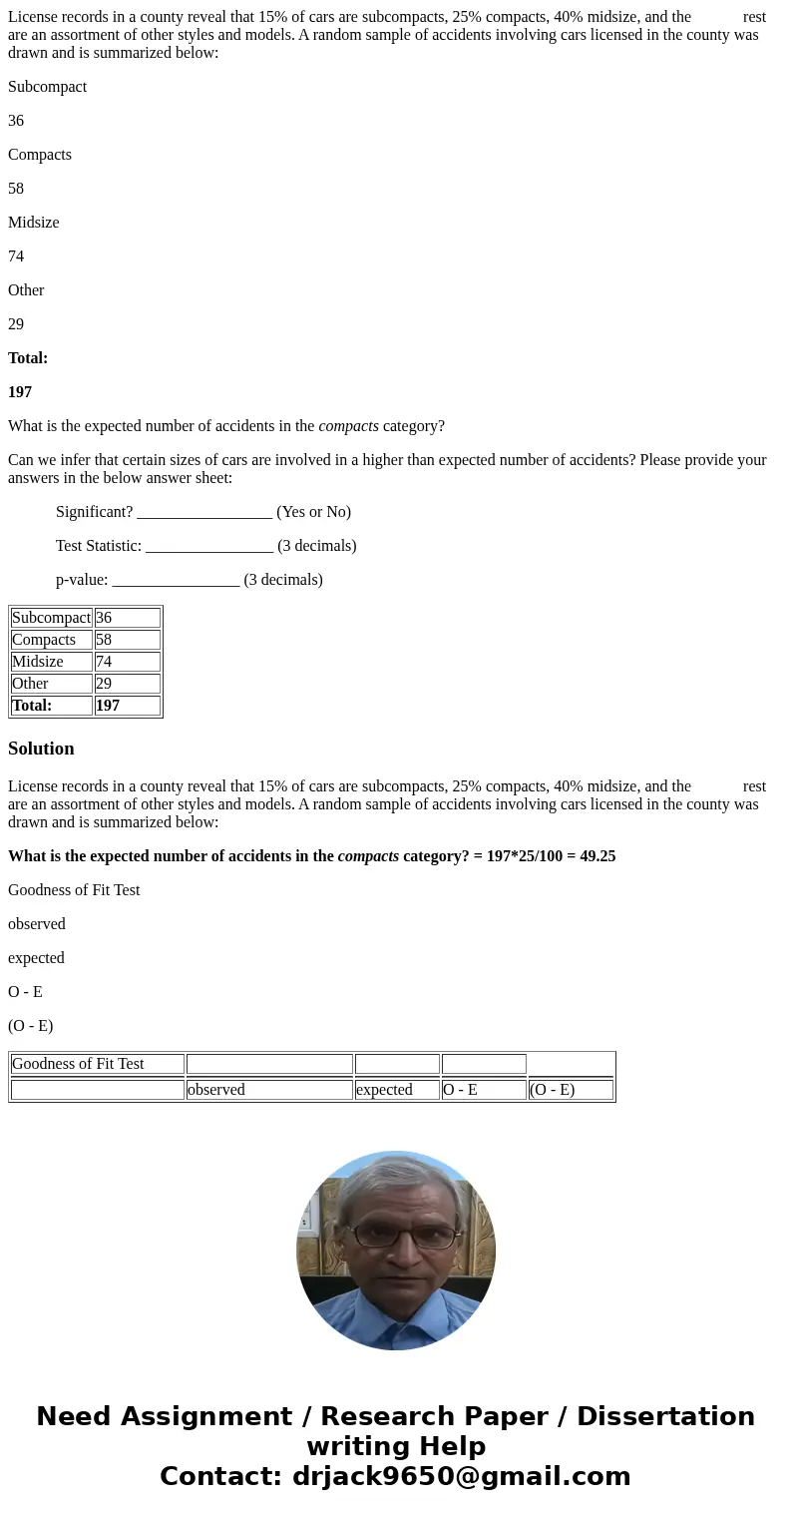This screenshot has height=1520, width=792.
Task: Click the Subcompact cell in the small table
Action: tap(51, 618)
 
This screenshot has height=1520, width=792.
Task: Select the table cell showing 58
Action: tap(127, 640)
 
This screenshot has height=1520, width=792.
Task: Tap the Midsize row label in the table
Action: tap(51, 662)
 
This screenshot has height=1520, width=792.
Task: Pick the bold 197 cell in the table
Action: tap(127, 706)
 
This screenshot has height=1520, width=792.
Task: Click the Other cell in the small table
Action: tap(51, 684)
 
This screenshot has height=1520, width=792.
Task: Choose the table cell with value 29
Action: tap(127, 684)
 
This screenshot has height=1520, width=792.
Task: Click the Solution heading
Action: tap(41, 749)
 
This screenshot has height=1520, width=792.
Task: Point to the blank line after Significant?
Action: tap(204, 513)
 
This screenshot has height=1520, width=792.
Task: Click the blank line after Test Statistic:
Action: tap(209, 547)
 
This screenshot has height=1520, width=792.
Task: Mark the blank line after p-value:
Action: tap(176, 581)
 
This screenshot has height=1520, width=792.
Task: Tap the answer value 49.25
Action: tap(596, 856)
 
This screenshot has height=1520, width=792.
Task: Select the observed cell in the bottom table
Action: tap(268, 1090)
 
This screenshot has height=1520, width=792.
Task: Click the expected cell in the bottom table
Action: tap(396, 1090)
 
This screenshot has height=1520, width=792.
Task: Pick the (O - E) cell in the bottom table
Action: tap(571, 1090)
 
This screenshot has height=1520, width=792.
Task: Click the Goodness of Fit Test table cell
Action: tap(97, 1064)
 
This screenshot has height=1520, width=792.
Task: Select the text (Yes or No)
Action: tap(313, 512)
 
